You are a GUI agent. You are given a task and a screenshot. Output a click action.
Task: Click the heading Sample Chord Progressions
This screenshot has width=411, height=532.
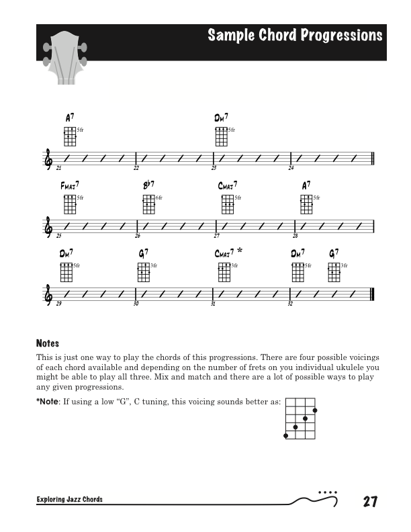(295, 36)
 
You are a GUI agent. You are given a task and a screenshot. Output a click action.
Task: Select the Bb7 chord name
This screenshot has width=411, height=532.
(148, 185)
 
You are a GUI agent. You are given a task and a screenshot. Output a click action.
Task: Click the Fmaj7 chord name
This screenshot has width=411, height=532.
(70, 185)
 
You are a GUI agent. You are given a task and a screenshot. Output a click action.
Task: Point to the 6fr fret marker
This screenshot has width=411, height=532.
(159, 197)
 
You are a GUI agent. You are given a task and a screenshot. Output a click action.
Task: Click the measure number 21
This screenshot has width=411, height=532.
(59, 168)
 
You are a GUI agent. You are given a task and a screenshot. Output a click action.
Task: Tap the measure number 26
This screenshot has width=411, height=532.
(137, 236)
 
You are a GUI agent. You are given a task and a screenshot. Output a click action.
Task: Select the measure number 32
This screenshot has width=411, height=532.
(290, 304)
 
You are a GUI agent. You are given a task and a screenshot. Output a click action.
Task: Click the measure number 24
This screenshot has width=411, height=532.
(291, 168)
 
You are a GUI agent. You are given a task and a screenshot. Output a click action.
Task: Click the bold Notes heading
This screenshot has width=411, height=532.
(48, 343)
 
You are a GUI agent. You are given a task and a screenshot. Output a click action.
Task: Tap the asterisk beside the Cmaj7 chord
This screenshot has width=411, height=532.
(240, 251)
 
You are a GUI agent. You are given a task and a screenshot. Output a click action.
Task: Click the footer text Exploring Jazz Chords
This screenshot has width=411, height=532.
(70, 500)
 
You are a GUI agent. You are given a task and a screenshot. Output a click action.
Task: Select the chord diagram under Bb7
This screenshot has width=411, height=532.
(148, 204)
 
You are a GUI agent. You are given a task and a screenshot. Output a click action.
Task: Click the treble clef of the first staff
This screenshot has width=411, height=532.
(48, 159)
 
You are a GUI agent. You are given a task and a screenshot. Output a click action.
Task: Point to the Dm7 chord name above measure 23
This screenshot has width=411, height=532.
(221, 117)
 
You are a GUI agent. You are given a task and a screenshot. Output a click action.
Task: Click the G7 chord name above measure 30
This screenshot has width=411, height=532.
(143, 253)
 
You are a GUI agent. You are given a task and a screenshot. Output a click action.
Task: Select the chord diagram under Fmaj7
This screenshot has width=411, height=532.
(70, 204)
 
